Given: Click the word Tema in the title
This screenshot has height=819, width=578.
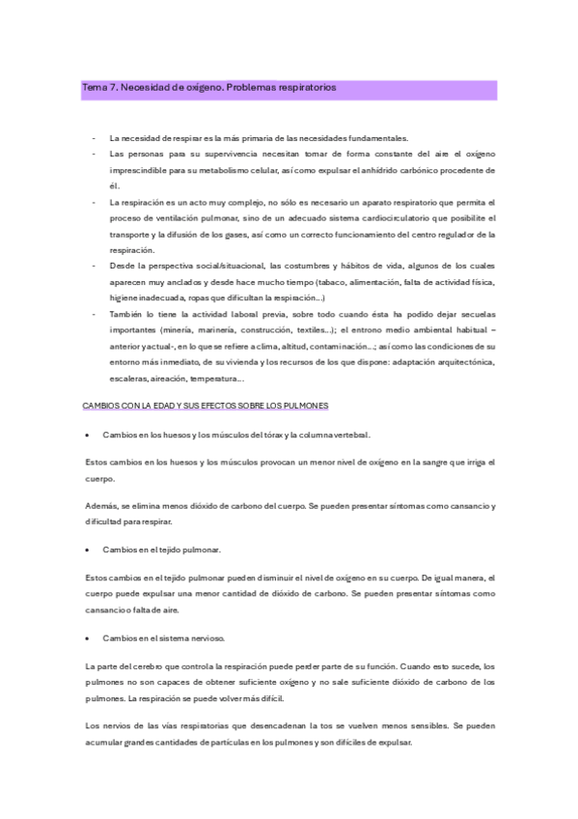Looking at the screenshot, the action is click(95, 87).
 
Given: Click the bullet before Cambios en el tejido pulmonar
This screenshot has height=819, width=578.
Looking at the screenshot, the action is click(89, 549).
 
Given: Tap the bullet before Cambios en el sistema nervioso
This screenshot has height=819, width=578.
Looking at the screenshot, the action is click(89, 637).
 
